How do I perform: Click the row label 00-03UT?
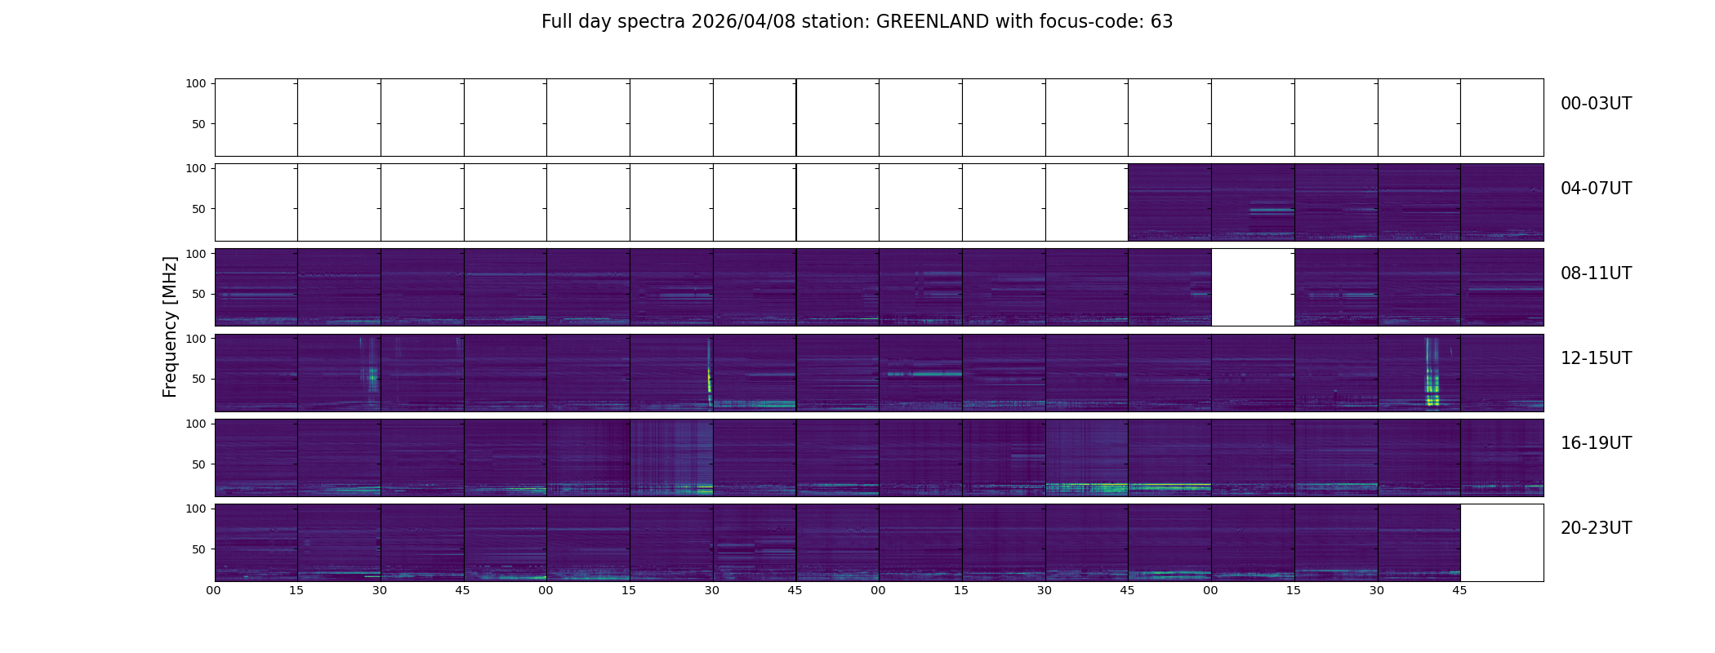point(1595,104)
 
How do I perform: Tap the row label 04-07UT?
point(1595,189)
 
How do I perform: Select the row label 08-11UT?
point(1595,273)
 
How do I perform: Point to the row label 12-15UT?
point(1595,358)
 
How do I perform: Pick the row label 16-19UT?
point(1595,443)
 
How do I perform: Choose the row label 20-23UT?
point(1595,528)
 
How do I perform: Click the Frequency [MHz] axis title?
point(170,326)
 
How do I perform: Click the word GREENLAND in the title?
point(932,22)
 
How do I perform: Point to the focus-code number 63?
point(1161,22)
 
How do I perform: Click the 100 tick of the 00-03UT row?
point(196,83)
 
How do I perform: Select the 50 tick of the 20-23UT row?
point(198,549)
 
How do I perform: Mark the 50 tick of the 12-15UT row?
point(198,379)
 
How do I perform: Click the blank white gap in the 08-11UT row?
point(1253,287)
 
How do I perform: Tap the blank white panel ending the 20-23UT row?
point(1501,542)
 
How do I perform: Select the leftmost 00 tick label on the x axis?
point(214,591)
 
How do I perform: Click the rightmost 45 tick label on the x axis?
point(1459,591)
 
